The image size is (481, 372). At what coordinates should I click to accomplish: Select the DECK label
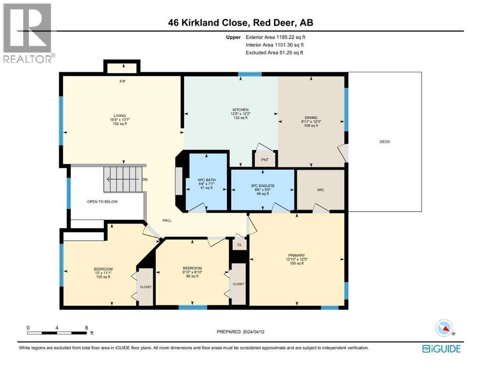[x=385, y=142]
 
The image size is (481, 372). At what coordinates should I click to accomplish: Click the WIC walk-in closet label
[x=320, y=190]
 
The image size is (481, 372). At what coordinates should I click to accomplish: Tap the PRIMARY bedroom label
[x=296, y=255]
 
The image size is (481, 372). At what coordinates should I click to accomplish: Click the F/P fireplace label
[x=123, y=81]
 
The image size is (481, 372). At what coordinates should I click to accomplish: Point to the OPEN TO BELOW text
[x=102, y=201]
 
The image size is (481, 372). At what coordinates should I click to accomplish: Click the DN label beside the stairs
[x=144, y=180]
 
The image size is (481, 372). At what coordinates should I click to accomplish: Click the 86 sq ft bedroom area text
[x=192, y=276]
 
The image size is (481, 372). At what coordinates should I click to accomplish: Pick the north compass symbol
[x=444, y=329]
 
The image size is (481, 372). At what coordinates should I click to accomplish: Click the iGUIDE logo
[x=441, y=348]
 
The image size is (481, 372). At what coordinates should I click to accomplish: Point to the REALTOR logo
[x=28, y=33]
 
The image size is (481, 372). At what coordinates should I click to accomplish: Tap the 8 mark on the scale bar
[x=86, y=328]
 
